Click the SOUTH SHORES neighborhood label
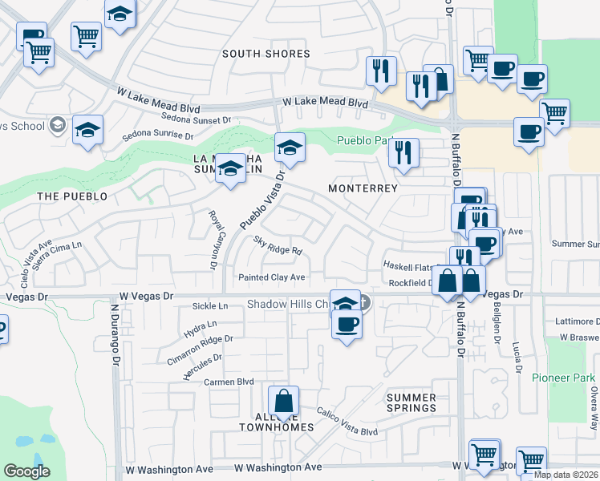266,54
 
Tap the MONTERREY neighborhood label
363,188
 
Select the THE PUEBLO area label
72,196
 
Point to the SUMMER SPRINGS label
411,403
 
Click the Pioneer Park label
563,377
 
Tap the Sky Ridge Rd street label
278,245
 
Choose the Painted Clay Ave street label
272,277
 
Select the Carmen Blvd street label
229,382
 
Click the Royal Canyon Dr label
214,240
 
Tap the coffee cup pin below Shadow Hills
347,325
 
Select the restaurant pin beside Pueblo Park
403,152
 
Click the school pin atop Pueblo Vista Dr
290,148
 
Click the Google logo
27,471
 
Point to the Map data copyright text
565,474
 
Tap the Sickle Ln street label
212,306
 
